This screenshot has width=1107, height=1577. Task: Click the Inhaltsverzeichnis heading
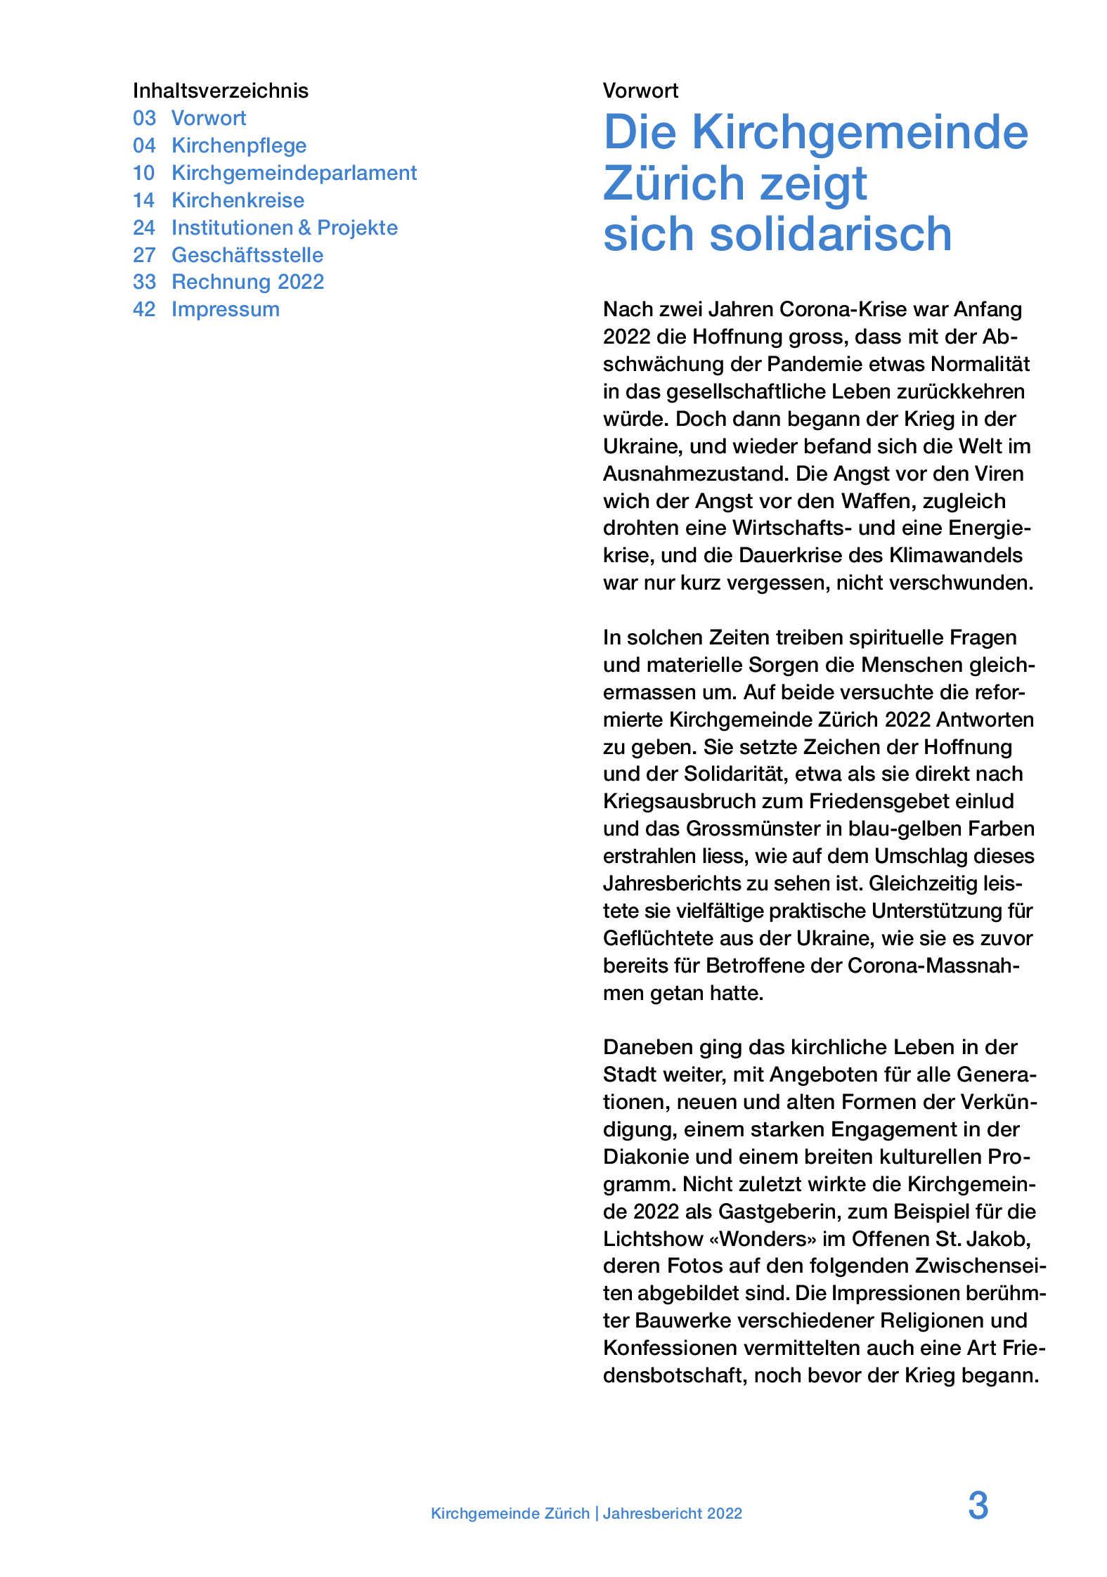point(220,91)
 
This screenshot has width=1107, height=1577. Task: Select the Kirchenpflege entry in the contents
point(239,145)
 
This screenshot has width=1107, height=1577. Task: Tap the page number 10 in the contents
point(143,173)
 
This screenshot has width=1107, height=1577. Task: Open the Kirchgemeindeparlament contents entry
point(294,173)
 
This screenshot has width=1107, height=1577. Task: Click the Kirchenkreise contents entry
point(238,200)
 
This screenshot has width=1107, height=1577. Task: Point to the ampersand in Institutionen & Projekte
point(304,228)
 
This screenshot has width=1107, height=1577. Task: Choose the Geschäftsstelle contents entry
point(247,255)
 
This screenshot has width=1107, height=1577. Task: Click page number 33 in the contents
point(144,282)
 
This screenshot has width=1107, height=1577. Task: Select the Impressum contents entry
point(225,309)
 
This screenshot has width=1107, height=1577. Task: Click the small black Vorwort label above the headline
point(640,91)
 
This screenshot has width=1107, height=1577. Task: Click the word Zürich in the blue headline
point(673,183)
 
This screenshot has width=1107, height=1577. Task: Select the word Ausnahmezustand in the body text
point(696,474)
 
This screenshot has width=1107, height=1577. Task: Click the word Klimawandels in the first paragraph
point(956,555)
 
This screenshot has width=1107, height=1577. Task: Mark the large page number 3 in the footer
point(978,1506)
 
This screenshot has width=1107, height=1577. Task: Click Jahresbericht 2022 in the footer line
point(672,1514)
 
